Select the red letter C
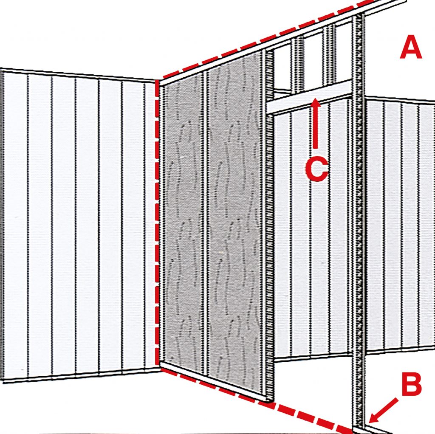click(x=316, y=169)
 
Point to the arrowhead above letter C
click(x=315, y=103)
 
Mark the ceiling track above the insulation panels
click(x=214, y=64)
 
